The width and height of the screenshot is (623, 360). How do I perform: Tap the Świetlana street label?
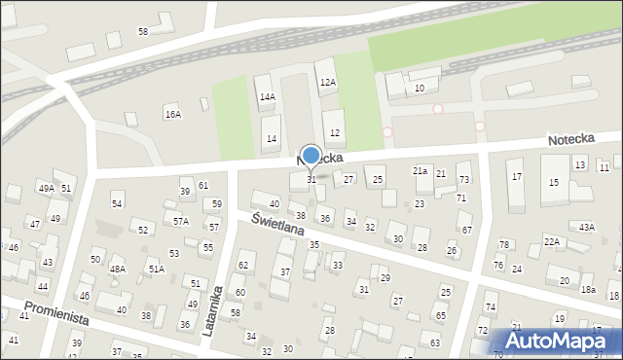pyautogui.click(x=278, y=226)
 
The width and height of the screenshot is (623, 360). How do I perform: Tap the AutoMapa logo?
pyautogui.click(x=558, y=341)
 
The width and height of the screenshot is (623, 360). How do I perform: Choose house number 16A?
pyautogui.click(x=172, y=115)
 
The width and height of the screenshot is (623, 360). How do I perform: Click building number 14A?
pyautogui.click(x=267, y=97)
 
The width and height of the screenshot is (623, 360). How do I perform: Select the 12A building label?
pyautogui.click(x=328, y=83)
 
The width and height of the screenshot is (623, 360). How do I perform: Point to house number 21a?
pyautogui.click(x=420, y=170)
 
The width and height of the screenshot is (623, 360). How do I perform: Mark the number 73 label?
pyautogui.click(x=463, y=180)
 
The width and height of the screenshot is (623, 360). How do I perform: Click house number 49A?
pyautogui.click(x=46, y=188)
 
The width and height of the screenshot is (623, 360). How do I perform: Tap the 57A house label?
pyautogui.click(x=181, y=222)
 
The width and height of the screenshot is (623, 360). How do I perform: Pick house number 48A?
pyautogui.click(x=117, y=269)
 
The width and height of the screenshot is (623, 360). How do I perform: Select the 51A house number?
pyautogui.click(x=156, y=268)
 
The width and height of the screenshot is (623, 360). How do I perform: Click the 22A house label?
pyautogui.click(x=552, y=241)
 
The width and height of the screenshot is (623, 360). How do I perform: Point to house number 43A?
pyautogui.click(x=586, y=227)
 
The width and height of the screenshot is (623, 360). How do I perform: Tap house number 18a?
pyautogui.click(x=588, y=290)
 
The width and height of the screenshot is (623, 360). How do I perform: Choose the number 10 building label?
pyautogui.click(x=420, y=89)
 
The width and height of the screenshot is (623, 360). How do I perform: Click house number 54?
pyautogui.click(x=117, y=203)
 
